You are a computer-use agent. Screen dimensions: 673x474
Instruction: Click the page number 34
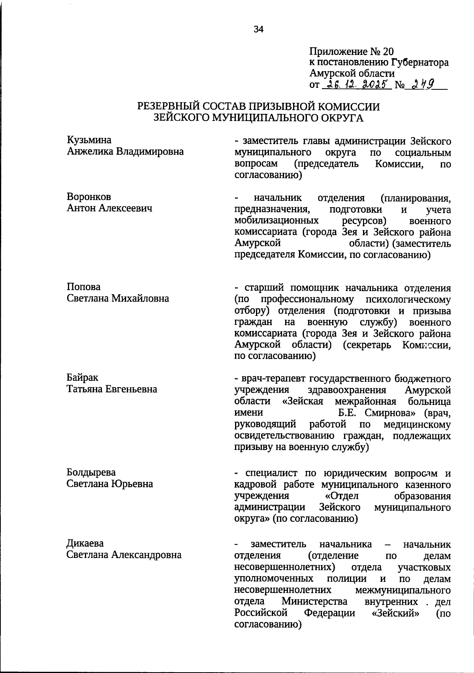point(259,29)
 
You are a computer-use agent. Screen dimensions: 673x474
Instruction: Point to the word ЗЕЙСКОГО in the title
point(182,117)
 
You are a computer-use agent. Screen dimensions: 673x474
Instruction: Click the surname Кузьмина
point(89,140)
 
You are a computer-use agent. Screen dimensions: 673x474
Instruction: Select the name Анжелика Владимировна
point(125,151)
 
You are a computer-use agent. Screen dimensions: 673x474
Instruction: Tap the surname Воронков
point(88,197)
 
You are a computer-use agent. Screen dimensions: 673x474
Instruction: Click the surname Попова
point(83,287)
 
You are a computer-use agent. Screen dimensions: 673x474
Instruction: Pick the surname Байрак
point(82,378)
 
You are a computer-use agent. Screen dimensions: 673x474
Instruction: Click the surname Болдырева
point(91,473)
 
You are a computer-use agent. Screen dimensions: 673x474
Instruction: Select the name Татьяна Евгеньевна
point(112,389)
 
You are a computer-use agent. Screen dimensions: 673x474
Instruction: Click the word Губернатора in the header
point(420,62)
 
